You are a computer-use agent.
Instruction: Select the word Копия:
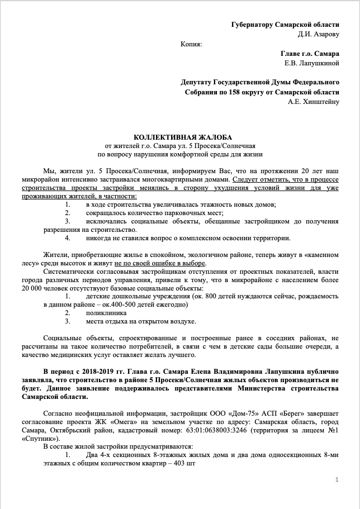(x=192, y=44)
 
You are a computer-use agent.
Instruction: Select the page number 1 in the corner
(x=337, y=480)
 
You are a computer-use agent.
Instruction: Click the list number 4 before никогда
(x=67, y=238)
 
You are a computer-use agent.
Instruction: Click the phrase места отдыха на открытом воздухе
(x=140, y=321)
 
